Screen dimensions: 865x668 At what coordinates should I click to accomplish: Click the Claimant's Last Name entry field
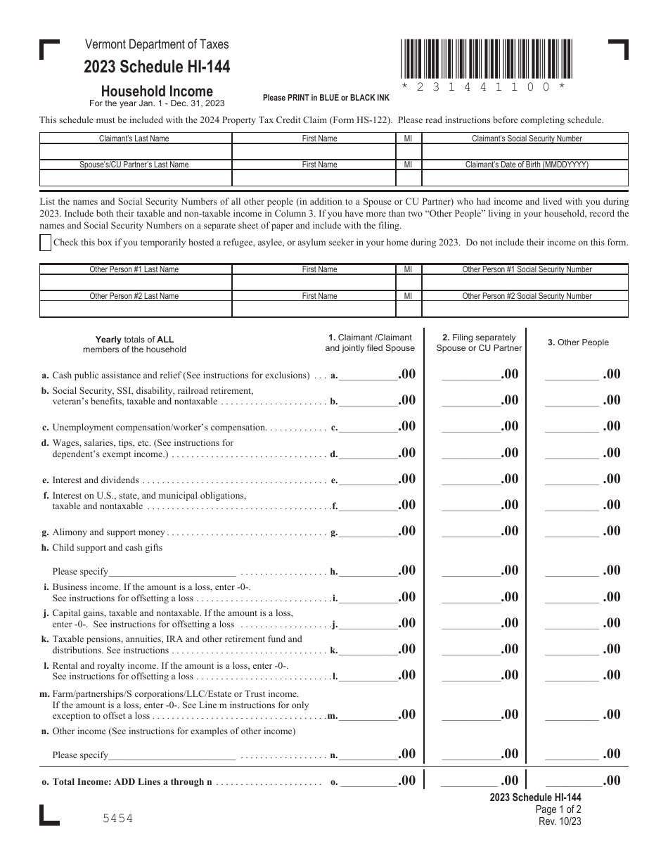135,152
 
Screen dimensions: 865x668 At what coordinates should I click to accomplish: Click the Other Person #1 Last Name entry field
135,283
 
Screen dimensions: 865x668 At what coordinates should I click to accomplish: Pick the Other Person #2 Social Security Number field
526,309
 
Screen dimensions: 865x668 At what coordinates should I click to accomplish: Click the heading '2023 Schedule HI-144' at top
156,68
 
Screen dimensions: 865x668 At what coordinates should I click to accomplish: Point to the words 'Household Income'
157,91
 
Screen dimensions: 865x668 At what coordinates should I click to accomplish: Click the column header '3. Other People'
578,342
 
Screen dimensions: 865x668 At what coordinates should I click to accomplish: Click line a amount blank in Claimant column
368,376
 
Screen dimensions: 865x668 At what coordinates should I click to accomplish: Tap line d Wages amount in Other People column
572,454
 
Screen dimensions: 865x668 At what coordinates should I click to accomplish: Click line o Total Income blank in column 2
468,782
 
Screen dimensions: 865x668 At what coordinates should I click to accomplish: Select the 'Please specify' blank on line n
172,756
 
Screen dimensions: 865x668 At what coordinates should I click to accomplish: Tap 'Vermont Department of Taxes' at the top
157,44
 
